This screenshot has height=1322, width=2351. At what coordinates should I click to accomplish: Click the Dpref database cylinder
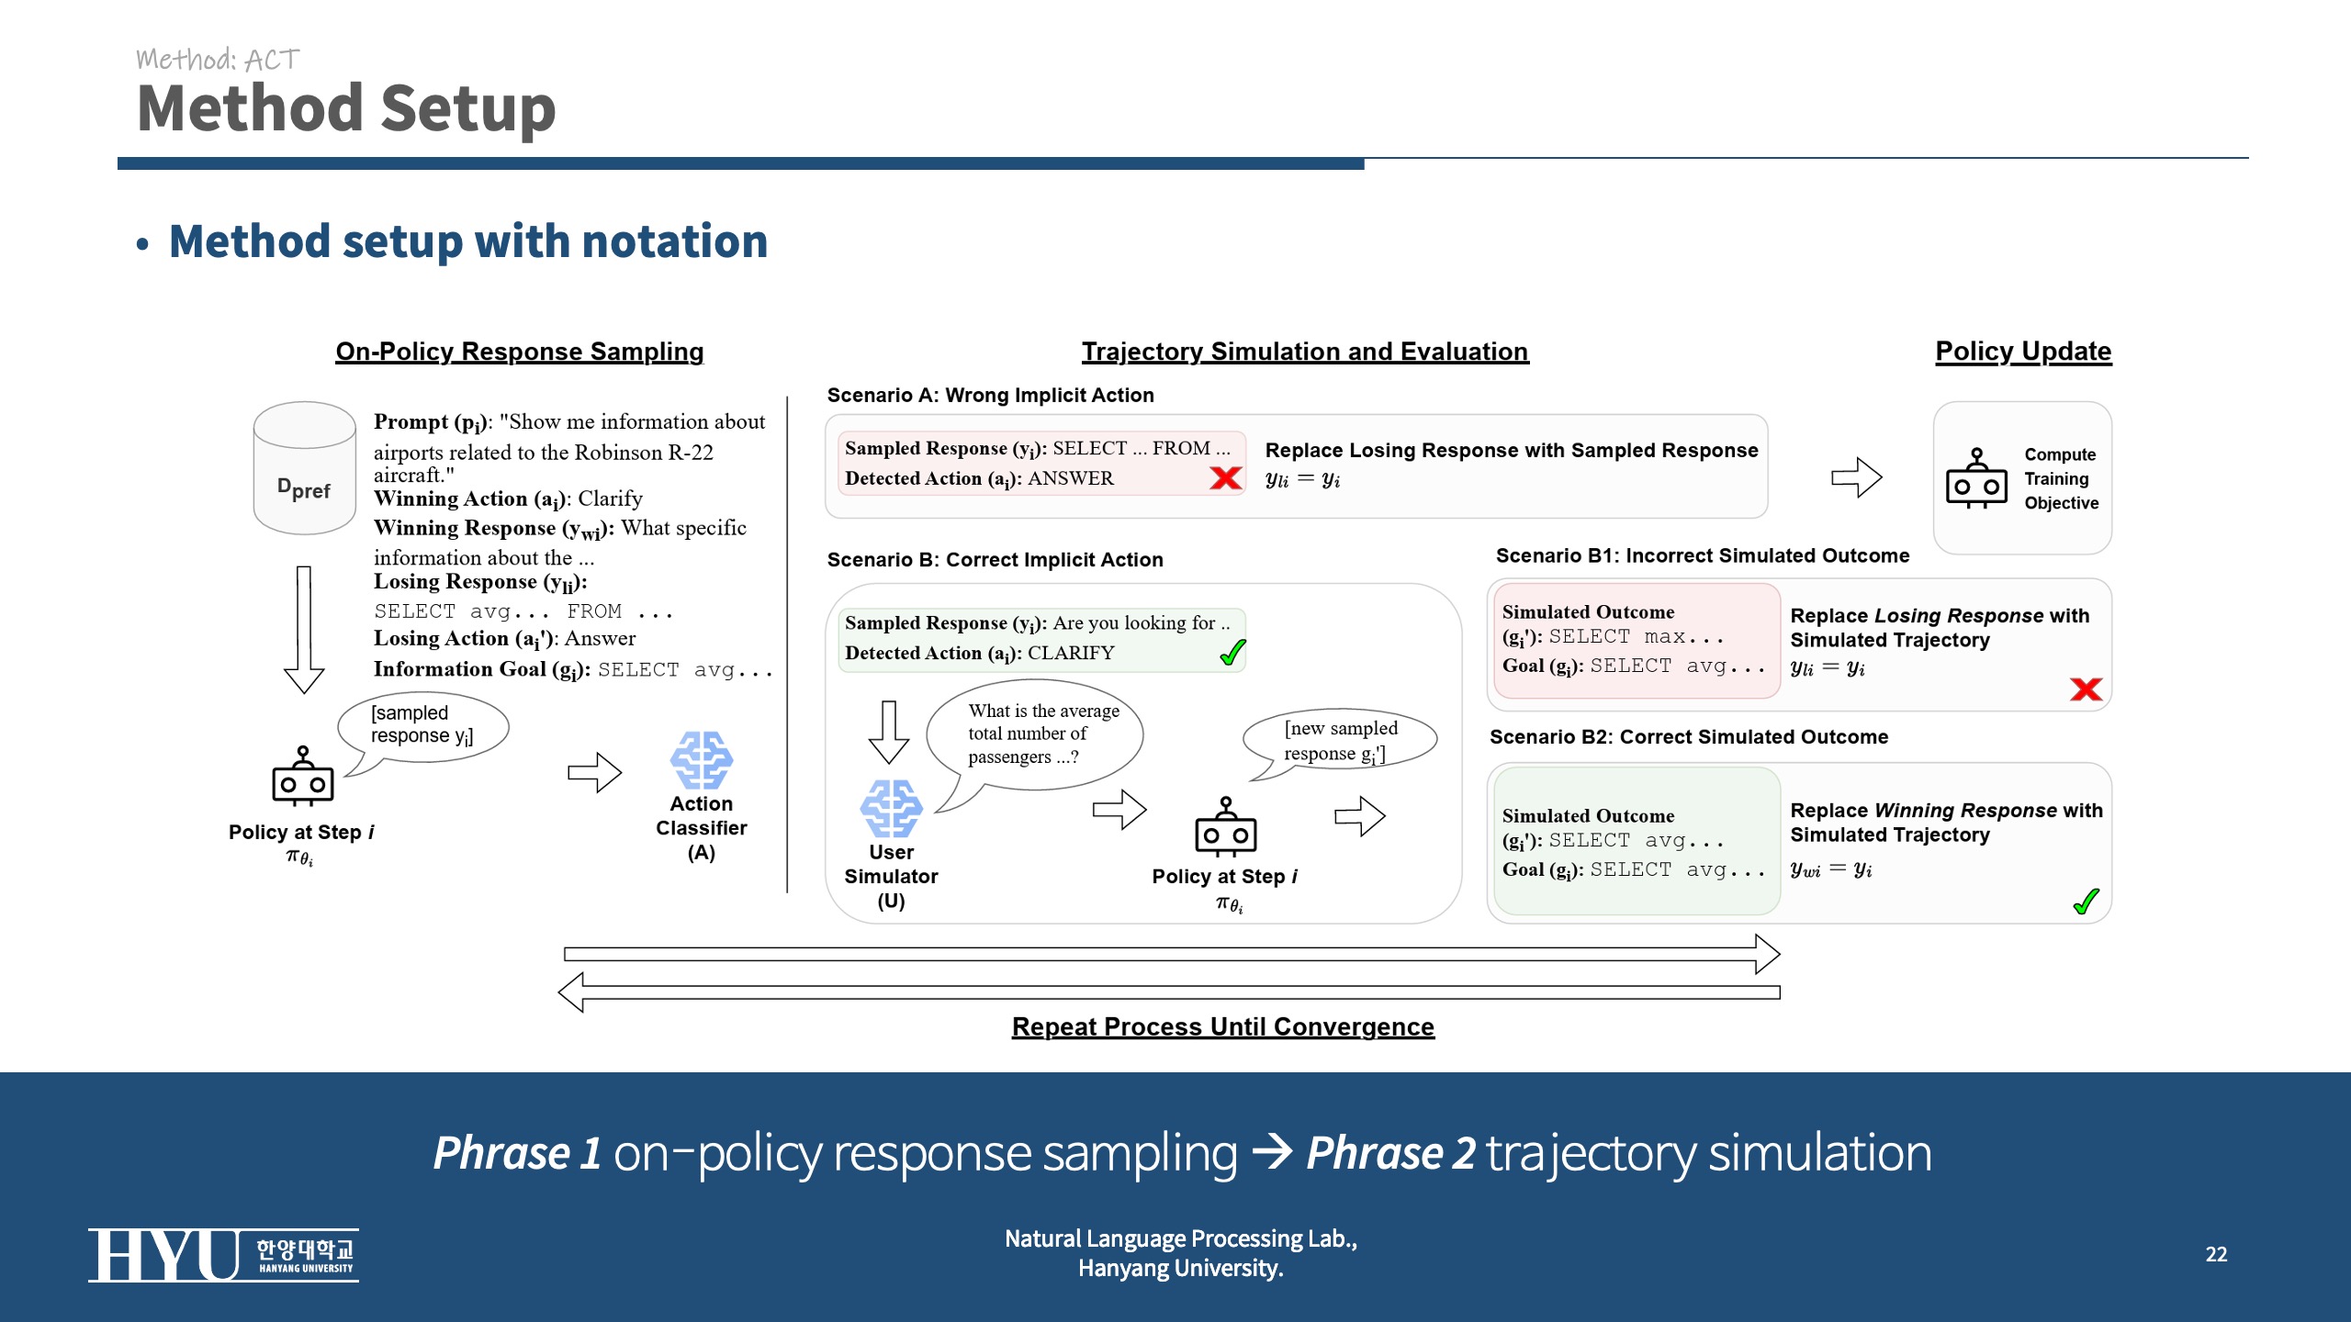[x=304, y=468]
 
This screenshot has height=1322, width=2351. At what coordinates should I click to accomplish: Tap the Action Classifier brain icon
[x=701, y=760]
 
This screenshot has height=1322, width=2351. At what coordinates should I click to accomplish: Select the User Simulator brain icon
[x=891, y=809]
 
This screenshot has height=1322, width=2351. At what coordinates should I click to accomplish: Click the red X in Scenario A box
[x=1225, y=477]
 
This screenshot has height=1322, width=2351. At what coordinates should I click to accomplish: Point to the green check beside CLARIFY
[x=1232, y=652]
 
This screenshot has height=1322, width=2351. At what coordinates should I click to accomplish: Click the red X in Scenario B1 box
[x=2086, y=689]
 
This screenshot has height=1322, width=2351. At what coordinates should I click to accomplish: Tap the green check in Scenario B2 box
[x=2086, y=902]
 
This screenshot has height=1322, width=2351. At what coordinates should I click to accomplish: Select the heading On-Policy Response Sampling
[x=519, y=352]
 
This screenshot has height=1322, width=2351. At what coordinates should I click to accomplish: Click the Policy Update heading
[x=2023, y=352]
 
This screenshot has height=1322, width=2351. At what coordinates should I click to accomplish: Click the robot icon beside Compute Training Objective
[x=1976, y=478]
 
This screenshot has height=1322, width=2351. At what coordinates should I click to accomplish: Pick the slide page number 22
[x=2216, y=1254]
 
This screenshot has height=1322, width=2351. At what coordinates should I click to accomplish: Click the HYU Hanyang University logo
[x=223, y=1255]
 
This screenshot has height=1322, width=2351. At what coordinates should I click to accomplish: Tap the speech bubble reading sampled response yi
[x=423, y=726]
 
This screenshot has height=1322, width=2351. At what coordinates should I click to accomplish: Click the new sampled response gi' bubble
[x=1340, y=740]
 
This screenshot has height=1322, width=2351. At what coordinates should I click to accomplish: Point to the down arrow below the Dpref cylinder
[x=304, y=630]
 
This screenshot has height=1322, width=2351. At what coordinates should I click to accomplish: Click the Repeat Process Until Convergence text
[x=1222, y=1026]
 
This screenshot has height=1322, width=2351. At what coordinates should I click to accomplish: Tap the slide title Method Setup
[x=346, y=108]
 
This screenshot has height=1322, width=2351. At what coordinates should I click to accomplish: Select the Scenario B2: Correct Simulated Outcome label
[x=1688, y=737]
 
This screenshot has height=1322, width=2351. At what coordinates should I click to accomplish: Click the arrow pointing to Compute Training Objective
[x=1856, y=477]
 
